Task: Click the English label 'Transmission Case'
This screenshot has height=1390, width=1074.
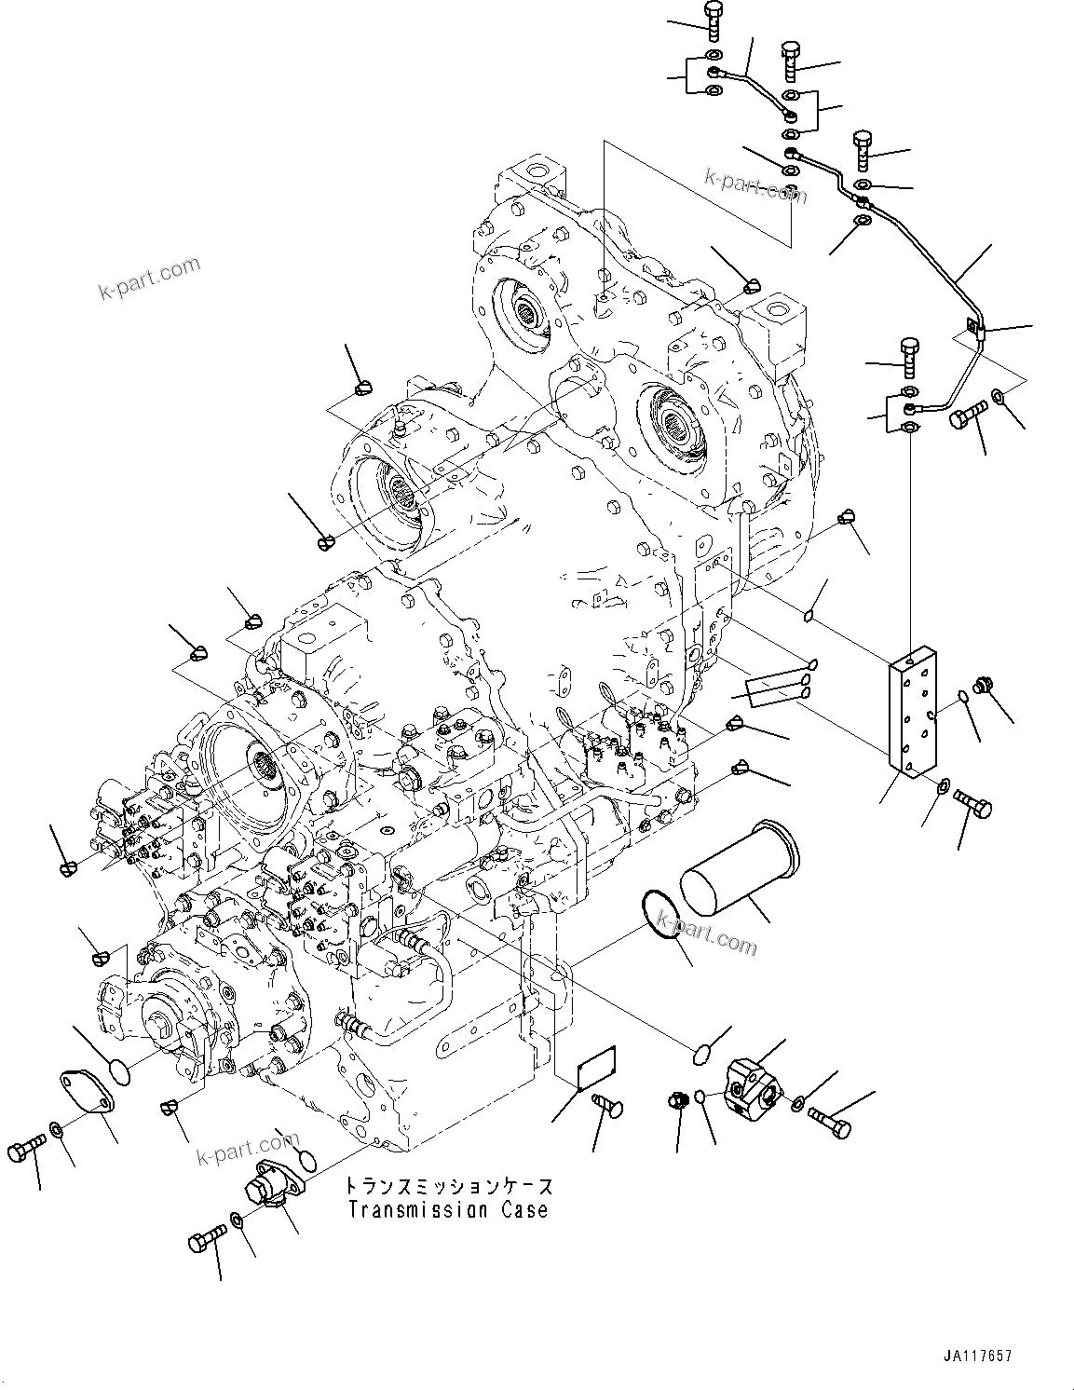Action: tap(448, 1210)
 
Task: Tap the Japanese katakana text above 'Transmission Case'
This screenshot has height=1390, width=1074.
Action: tap(448, 1186)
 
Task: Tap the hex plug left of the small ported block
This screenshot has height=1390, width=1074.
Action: tap(679, 1099)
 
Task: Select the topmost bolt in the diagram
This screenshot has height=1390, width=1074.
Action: tap(713, 20)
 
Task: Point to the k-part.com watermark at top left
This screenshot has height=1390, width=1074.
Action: tap(149, 278)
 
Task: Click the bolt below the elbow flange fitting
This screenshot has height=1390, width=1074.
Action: tap(207, 1240)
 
